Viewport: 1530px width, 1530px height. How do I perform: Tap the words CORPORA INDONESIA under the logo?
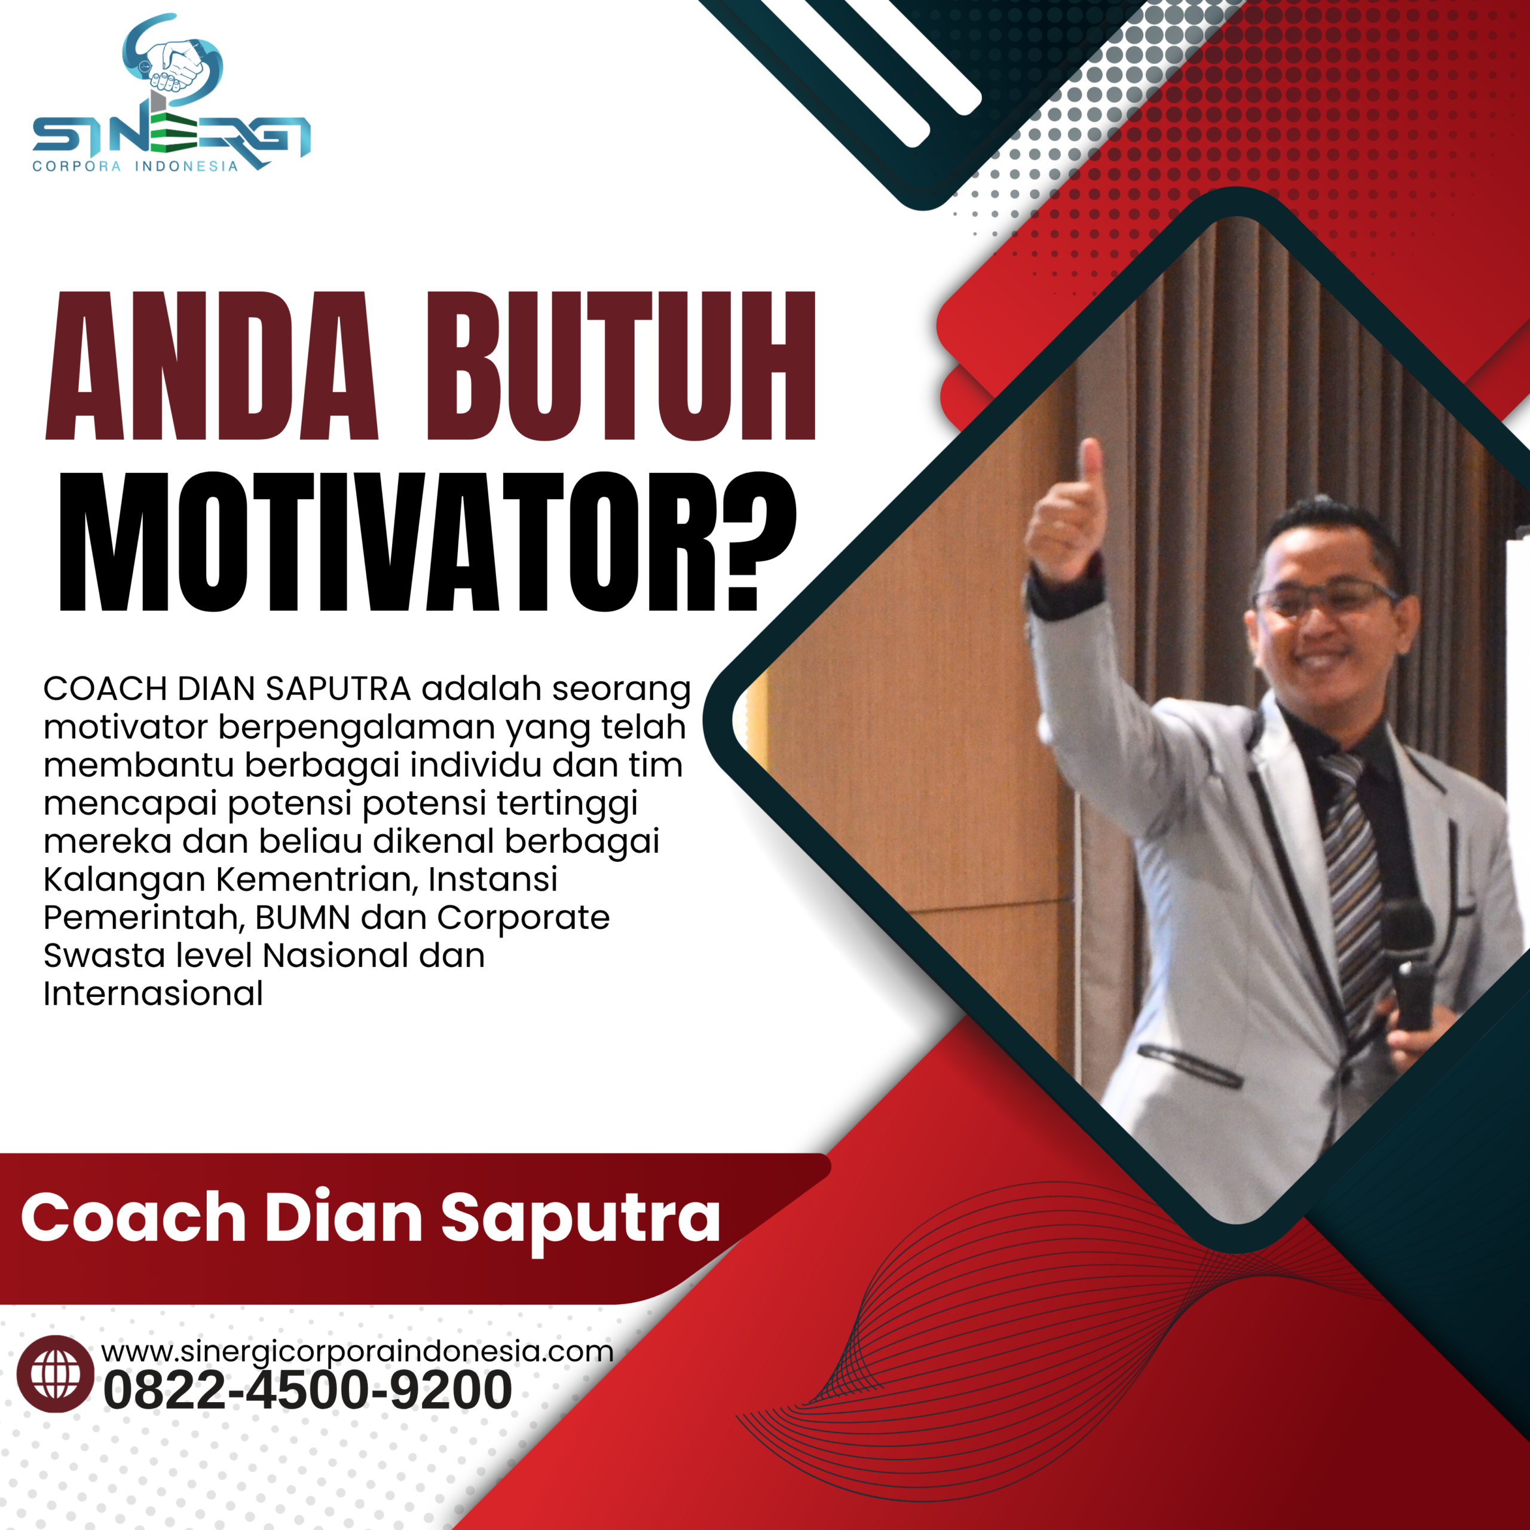(x=134, y=166)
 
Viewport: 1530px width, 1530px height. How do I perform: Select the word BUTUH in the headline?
(x=621, y=366)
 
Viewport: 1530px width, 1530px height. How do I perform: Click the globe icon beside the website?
(x=56, y=1374)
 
